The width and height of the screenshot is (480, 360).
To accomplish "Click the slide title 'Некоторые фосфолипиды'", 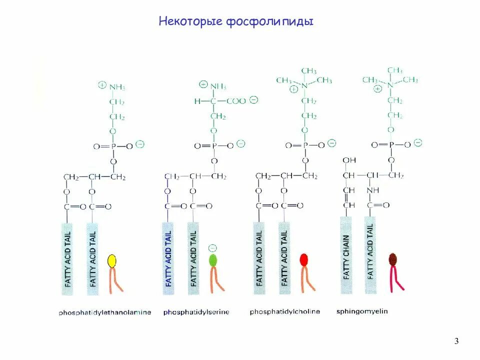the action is pyautogui.click(x=236, y=21).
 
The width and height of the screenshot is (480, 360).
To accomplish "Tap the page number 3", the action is pyautogui.click(x=456, y=341).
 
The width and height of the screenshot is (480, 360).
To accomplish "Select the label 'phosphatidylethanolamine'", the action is pyautogui.click(x=104, y=313).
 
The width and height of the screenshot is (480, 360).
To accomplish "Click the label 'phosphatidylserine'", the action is pyautogui.click(x=196, y=312).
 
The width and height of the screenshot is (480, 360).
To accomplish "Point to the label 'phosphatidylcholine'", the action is pyautogui.click(x=284, y=312).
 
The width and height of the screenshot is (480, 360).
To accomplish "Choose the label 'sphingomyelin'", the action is pyautogui.click(x=362, y=311).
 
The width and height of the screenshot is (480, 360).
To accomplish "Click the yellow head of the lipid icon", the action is pyautogui.click(x=112, y=260).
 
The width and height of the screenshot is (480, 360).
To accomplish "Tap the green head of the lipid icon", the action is pyautogui.click(x=213, y=260).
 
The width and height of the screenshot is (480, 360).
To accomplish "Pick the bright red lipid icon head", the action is pyautogui.click(x=304, y=260).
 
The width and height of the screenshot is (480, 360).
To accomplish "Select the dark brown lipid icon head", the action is pyautogui.click(x=393, y=258).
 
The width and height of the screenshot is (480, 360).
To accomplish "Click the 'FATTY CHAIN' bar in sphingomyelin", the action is pyautogui.click(x=346, y=255).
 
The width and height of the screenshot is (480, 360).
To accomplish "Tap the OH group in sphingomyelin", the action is pyautogui.click(x=349, y=160).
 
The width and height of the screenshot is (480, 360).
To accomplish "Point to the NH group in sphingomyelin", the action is pyautogui.click(x=372, y=190).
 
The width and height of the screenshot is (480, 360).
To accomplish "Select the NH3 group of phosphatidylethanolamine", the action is pyautogui.click(x=117, y=87).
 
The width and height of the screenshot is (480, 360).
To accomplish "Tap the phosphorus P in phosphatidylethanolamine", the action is pyautogui.click(x=112, y=146).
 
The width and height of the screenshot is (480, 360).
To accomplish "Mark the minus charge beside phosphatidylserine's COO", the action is pyautogui.click(x=253, y=99).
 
